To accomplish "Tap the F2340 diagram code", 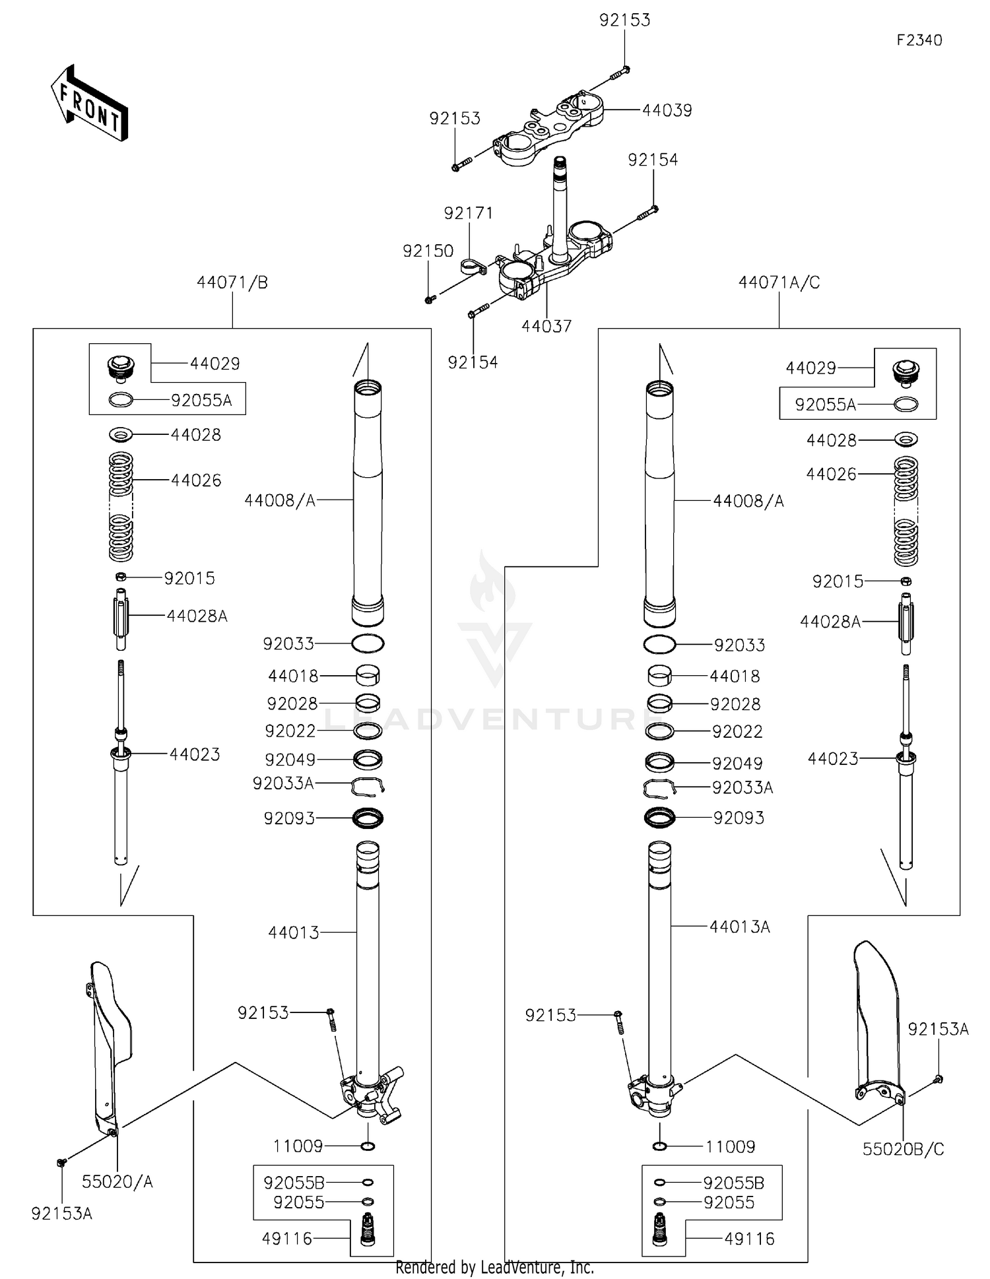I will point(919,40).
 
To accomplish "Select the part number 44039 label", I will point(667,110).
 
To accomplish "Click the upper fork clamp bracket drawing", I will point(548,129).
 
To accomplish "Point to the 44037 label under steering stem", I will point(546,326).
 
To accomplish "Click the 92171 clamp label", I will point(468,213).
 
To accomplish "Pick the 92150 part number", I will point(428,251).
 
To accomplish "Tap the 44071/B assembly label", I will point(232,282).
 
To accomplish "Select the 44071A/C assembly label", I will point(779,282).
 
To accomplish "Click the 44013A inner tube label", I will point(739,927).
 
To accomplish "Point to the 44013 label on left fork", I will point(294,933).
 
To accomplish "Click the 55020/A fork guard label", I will point(117,1182).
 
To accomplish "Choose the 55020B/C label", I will point(903,1150).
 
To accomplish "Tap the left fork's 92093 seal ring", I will point(368,818).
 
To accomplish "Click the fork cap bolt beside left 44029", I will point(120,368).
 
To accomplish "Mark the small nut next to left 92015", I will point(121,577).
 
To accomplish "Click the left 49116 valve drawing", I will point(368,1230).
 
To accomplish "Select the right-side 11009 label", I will point(730,1146).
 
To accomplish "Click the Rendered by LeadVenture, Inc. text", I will point(494,1267).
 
